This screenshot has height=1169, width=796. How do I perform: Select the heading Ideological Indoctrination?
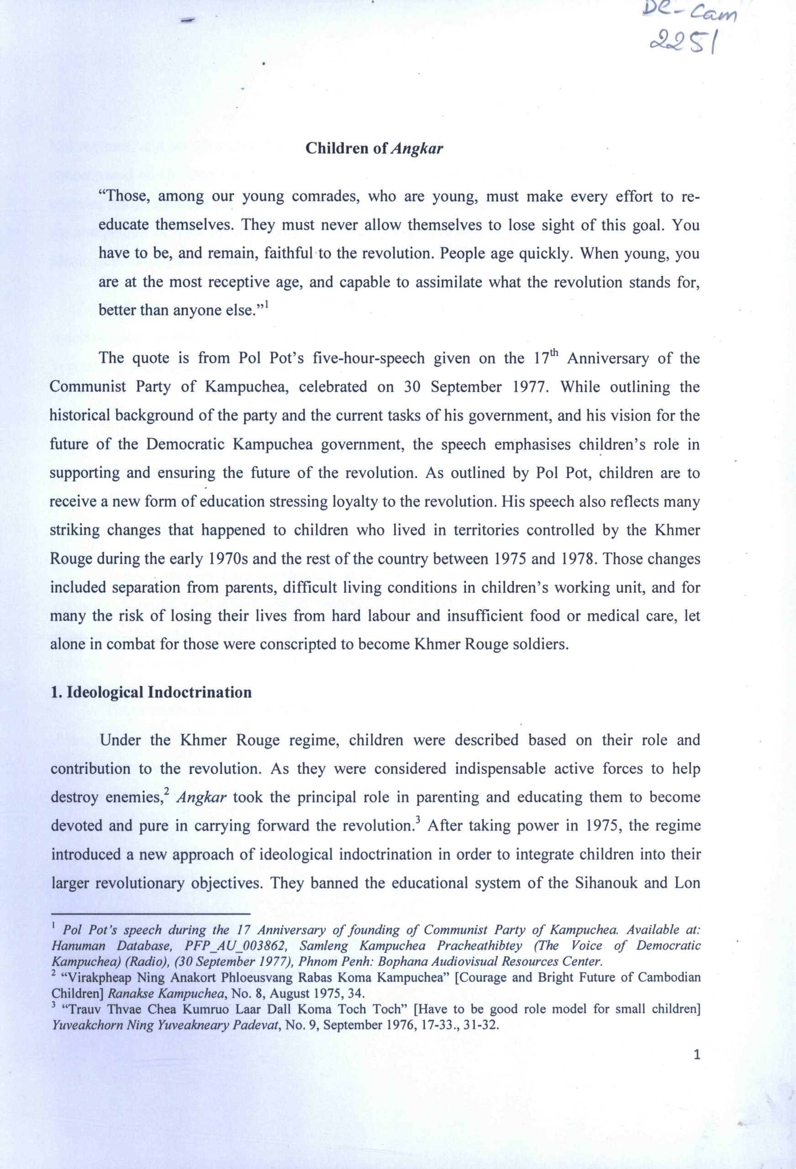(x=151, y=693)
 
